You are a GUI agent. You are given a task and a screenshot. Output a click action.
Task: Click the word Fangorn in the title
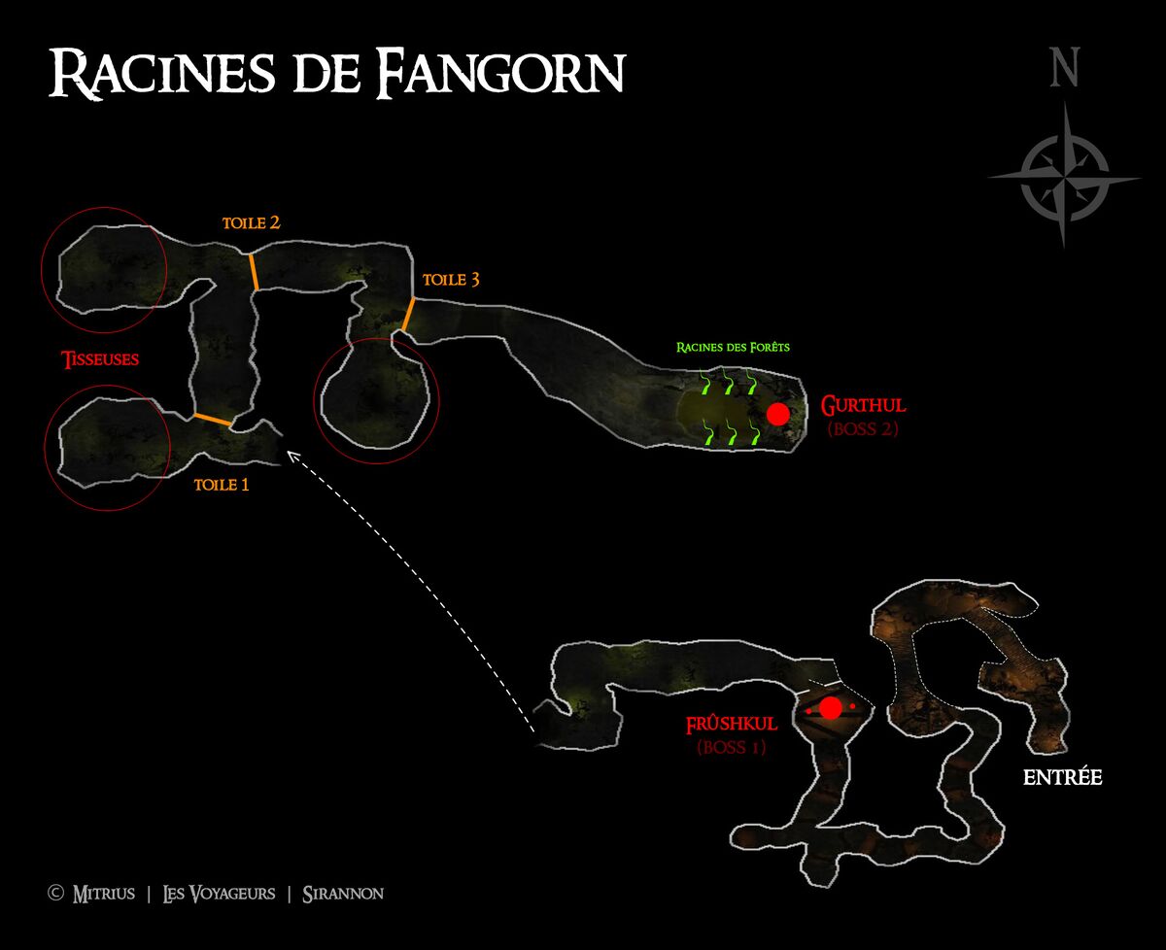click(x=500, y=73)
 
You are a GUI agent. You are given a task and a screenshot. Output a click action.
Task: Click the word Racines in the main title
click(x=162, y=73)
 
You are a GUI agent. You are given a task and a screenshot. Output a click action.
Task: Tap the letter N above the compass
click(x=1065, y=67)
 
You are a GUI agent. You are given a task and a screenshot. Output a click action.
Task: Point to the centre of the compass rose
click(x=1064, y=178)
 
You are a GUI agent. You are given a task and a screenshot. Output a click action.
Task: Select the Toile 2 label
click(x=252, y=222)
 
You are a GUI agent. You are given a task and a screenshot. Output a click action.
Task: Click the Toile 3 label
click(x=451, y=280)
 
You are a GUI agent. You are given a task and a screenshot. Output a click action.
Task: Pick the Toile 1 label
click(x=222, y=485)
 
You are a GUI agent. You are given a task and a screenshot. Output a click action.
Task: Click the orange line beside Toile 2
click(x=254, y=272)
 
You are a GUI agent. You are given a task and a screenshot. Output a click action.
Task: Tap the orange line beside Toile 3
click(x=408, y=314)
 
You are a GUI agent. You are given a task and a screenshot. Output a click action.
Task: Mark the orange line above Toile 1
click(x=213, y=420)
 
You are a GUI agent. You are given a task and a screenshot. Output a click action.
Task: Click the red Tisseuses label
click(x=100, y=359)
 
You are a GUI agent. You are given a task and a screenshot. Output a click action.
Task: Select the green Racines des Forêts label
click(x=733, y=347)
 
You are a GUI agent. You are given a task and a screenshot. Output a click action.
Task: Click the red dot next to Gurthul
click(x=778, y=414)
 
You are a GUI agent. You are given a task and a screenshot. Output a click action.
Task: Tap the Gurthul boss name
click(x=863, y=405)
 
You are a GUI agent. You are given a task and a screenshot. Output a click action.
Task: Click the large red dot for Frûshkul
click(x=831, y=708)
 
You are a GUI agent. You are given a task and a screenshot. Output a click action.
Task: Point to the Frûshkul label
click(x=732, y=724)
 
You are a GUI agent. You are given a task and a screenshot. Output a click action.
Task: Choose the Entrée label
click(x=1063, y=777)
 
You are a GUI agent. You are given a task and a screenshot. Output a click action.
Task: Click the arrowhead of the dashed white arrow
click(x=291, y=455)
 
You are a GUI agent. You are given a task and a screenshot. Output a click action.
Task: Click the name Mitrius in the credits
click(x=103, y=894)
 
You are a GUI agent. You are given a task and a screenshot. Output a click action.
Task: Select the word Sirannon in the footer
click(x=343, y=894)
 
